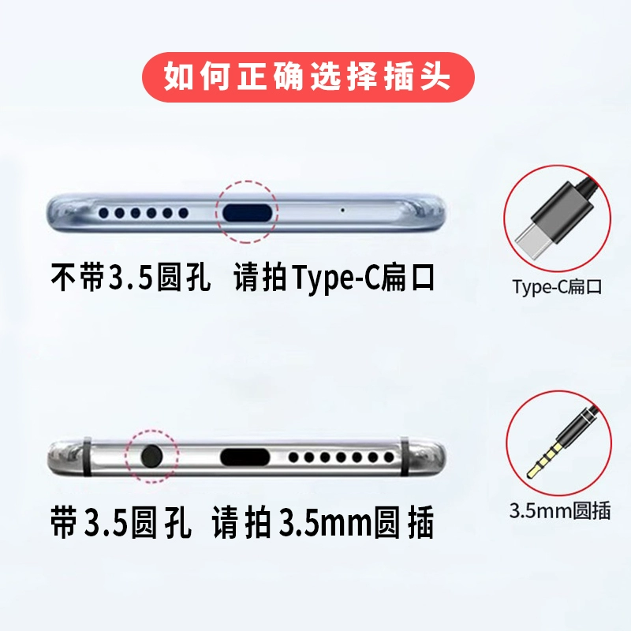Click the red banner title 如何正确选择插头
[308, 77]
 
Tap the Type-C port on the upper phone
[246, 212]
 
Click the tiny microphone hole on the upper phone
[342, 210]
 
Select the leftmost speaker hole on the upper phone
[104, 213]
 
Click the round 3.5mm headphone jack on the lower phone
[151, 457]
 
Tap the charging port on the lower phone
[245, 457]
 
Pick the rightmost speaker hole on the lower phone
[389, 457]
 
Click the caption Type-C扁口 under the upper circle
[557, 287]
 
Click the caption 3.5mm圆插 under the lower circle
[560, 510]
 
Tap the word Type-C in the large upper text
[336, 278]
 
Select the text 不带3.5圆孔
[130, 278]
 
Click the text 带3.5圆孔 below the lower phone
[121, 522]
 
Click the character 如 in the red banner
[179, 77]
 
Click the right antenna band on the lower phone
[405, 457]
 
